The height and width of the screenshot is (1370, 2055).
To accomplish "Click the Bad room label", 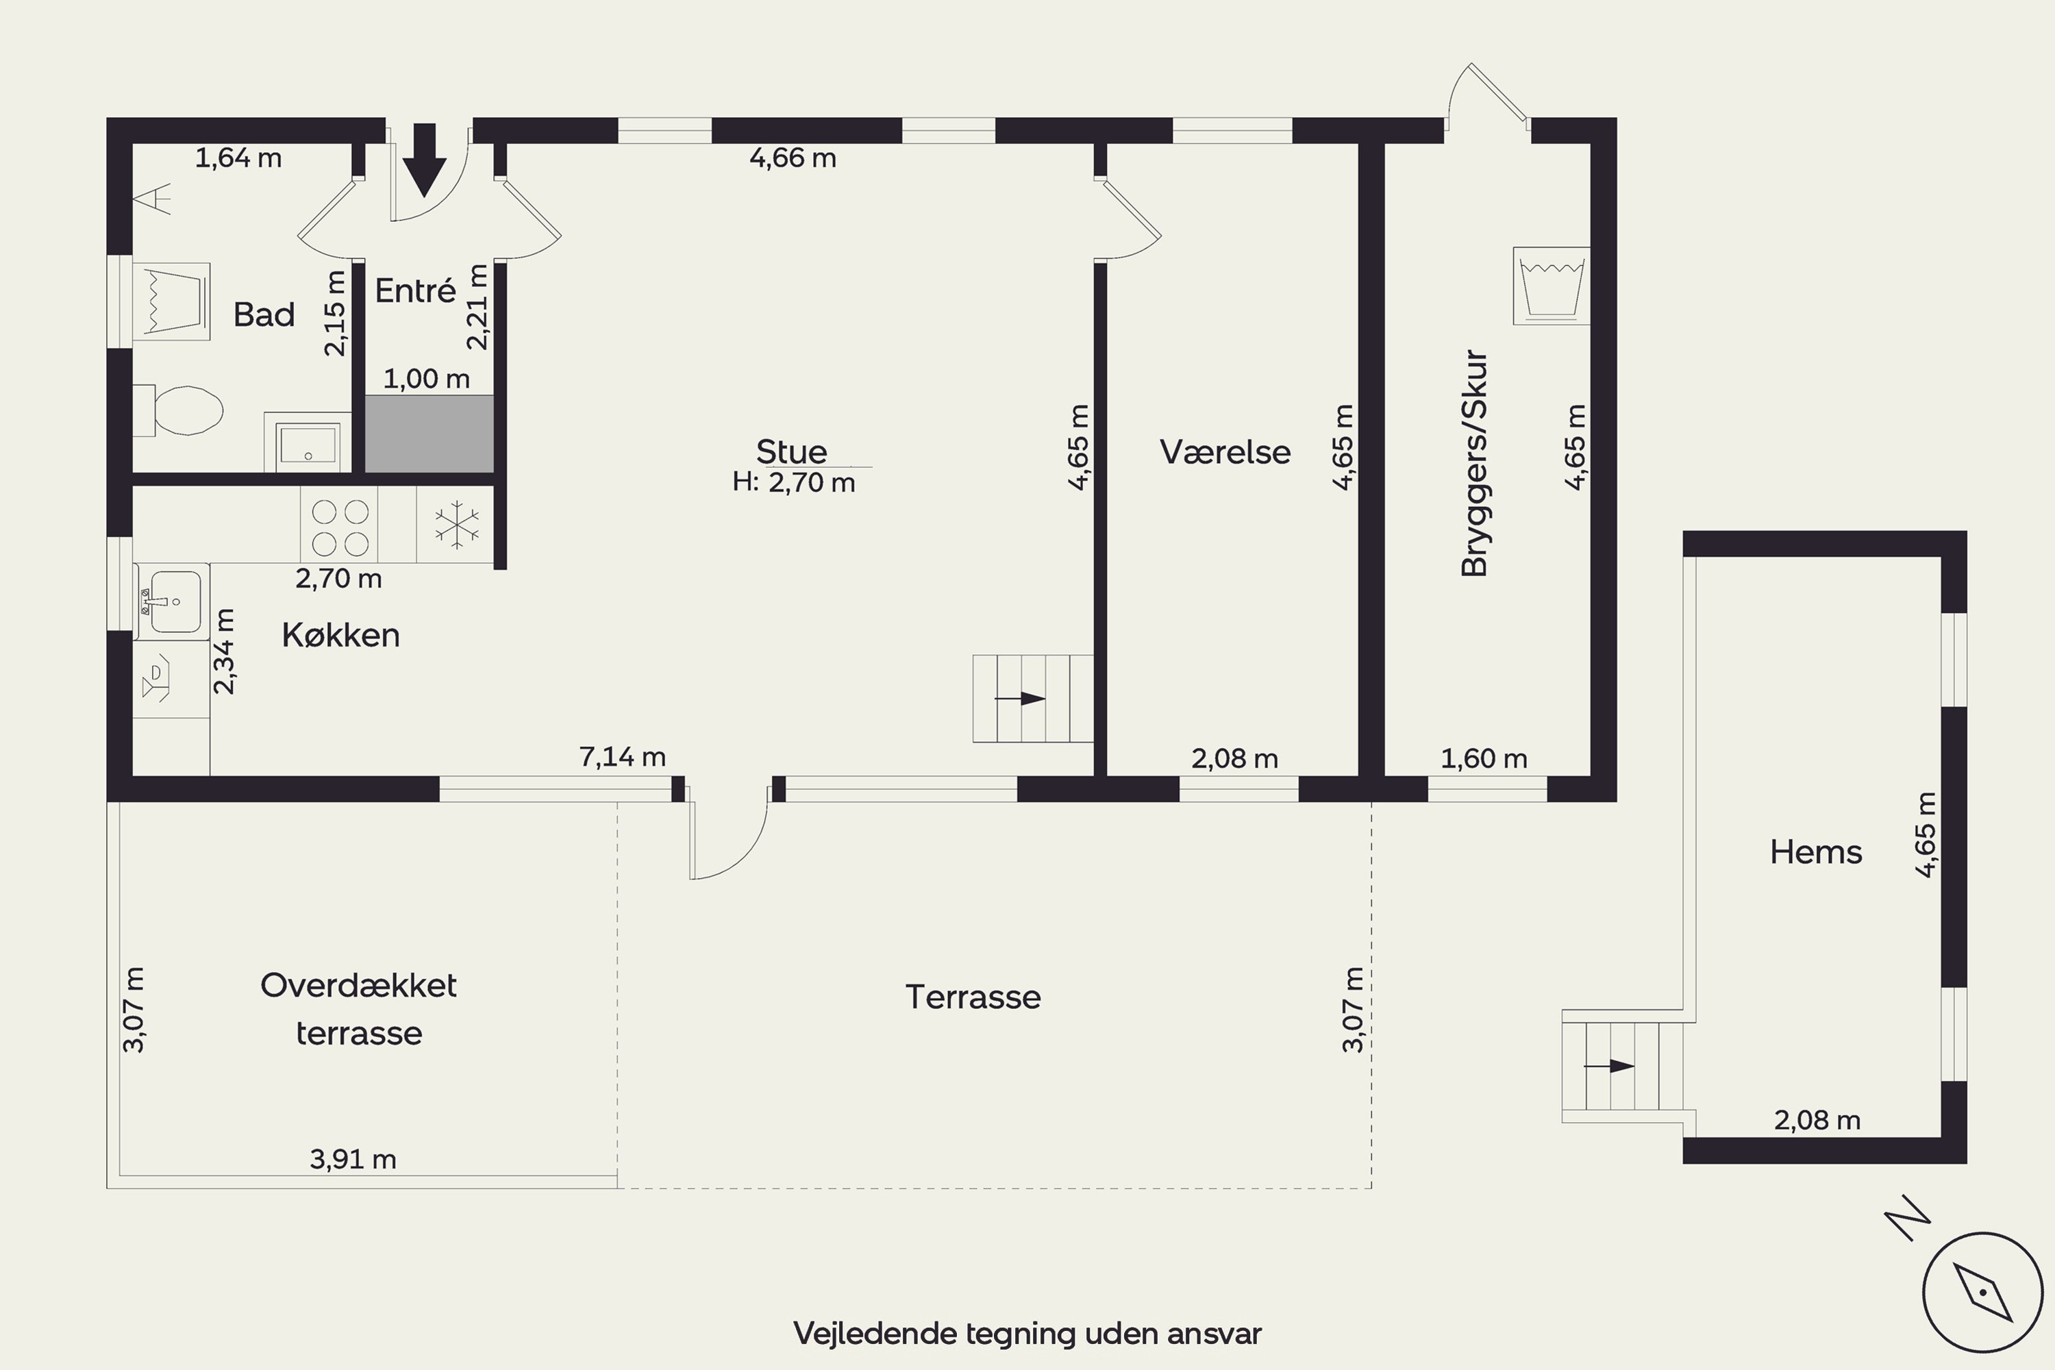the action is click(264, 314).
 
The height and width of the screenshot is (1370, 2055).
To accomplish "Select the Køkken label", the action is click(340, 635).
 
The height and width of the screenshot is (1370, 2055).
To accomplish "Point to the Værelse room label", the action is click(1225, 451).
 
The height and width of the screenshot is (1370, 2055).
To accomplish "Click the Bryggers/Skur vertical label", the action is click(1474, 463).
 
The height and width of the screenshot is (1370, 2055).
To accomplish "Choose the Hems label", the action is click(1816, 852).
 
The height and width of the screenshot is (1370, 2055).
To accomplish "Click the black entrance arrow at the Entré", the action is click(425, 160).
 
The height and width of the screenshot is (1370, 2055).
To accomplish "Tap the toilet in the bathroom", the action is click(178, 410).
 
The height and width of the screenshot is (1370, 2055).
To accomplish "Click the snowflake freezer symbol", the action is click(457, 525).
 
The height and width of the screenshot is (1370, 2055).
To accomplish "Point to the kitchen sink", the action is click(172, 602).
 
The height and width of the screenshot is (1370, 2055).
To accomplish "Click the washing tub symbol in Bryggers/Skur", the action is click(1552, 286).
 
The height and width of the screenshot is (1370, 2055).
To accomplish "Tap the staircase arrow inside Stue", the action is click(1021, 699).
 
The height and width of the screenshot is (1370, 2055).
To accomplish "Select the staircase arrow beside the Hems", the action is click(1609, 1066).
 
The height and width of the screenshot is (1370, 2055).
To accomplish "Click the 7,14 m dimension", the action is click(622, 757).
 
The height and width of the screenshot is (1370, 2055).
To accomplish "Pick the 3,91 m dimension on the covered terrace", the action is click(353, 1160).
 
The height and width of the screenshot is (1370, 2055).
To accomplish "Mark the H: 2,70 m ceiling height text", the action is click(794, 482).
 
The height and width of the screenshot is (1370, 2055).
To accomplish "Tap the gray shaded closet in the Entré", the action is click(429, 434).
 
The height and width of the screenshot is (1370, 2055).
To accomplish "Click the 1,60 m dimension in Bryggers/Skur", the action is click(1484, 758).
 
